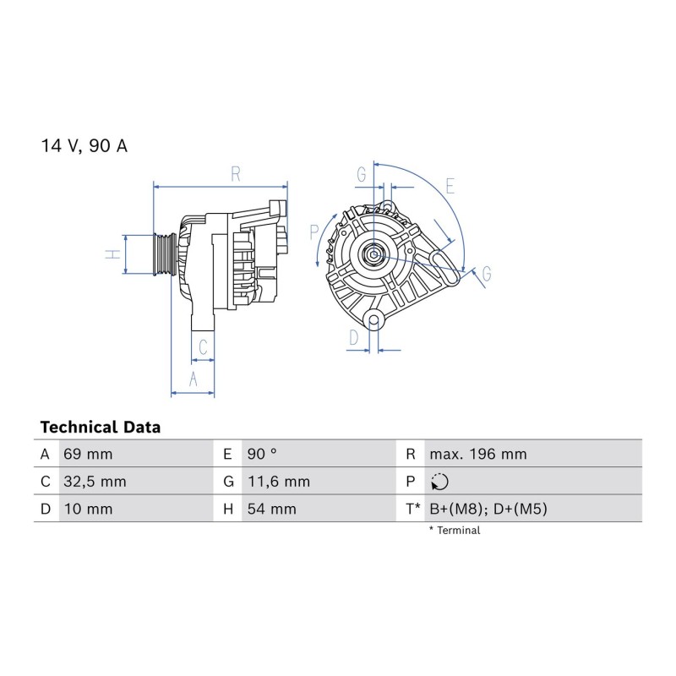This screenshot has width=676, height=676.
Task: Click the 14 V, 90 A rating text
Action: pos(84,145)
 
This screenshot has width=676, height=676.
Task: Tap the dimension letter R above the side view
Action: pos(236,174)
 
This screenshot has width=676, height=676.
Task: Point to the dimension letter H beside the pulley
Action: pos(113,254)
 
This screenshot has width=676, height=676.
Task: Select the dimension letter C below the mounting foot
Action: pos(203,346)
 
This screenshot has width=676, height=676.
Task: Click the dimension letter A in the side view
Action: pos(194,379)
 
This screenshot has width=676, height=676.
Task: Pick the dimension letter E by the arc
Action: pos(450,186)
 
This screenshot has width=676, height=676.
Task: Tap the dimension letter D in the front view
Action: pos(353,337)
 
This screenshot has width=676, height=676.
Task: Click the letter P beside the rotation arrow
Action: pos(313,232)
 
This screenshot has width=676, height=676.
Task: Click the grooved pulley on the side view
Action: pos(165,254)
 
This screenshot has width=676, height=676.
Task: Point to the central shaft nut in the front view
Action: pos(373,254)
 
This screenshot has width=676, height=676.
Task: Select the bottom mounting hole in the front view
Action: pos(373,320)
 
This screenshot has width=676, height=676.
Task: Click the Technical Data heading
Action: pos(101,428)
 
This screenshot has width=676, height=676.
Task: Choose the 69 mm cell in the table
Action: pos(88,454)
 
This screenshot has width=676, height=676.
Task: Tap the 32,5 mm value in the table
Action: pos(95,482)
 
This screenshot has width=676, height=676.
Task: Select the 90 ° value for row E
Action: pos(262,454)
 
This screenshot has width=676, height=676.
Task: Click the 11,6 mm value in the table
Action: pos(279,482)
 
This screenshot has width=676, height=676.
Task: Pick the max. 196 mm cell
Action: pos(478,454)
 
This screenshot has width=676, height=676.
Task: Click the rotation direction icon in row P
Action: pos(439,482)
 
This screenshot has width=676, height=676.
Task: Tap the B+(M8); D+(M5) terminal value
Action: pos(488,510)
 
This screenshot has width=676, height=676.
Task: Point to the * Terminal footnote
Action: pos(455,531)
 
